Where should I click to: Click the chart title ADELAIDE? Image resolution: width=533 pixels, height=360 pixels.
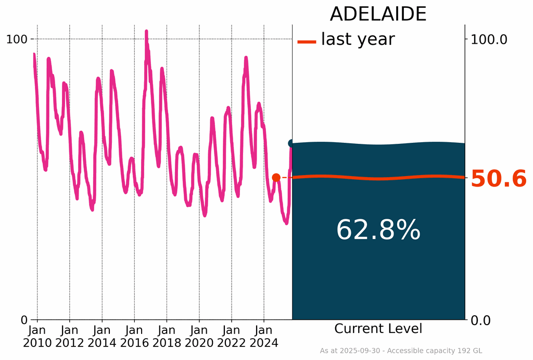tap(378, 14)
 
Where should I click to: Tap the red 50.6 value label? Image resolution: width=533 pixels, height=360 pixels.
tap(499, 179)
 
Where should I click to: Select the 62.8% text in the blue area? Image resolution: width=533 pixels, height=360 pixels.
tap(378, 230)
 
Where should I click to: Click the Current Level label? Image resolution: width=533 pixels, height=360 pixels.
tap(378, 329)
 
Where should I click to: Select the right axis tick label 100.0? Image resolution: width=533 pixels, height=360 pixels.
tap(488, 39)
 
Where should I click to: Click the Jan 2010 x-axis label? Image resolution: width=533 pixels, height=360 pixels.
tap(37, 337)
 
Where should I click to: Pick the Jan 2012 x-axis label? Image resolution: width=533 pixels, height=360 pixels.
tap(70, 337)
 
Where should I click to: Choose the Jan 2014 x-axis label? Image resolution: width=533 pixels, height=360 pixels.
tap(102, 337)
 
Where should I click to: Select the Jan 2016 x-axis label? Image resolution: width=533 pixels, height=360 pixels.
tap(134, 337)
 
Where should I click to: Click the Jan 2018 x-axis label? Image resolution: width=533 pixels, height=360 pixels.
tap(167, 337)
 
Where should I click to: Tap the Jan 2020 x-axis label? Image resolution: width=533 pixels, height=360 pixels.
tap(199, 337)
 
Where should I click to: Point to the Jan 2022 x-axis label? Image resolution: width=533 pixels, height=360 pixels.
tap(232, 337)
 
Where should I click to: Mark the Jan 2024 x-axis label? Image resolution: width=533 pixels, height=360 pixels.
tap(264, 337)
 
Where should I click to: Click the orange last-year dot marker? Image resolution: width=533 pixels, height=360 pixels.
tap(276, 178)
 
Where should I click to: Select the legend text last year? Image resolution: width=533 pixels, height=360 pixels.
tap(358, 39)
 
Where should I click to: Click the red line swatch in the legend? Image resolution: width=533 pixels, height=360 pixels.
tap(307, 42)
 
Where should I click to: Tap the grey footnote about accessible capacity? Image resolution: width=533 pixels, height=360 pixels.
tap(401, 351)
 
